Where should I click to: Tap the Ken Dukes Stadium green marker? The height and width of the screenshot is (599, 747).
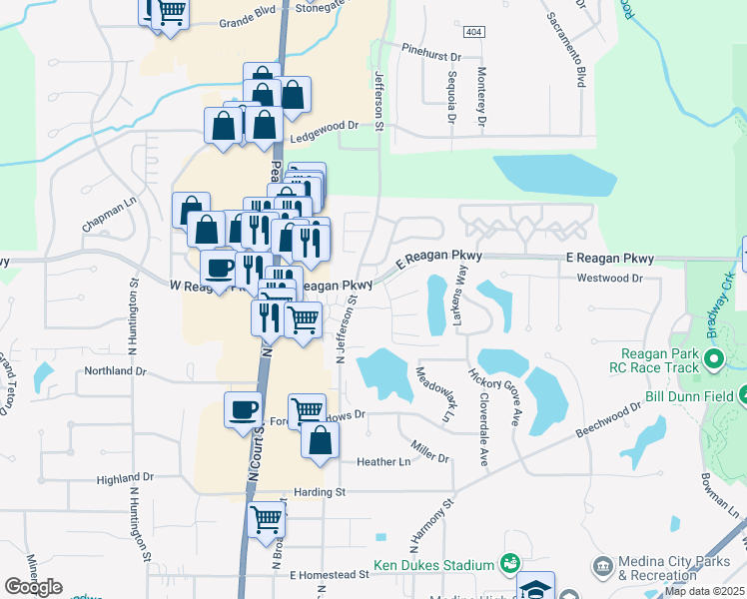(x=510, y=565)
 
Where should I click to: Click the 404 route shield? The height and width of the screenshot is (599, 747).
(x=475, y=33)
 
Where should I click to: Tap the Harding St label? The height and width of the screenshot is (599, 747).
(x=320, y=492)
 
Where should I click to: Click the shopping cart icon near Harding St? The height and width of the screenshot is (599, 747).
(x=267, y=518)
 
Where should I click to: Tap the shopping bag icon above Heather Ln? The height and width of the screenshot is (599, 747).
(x=320, y=440)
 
